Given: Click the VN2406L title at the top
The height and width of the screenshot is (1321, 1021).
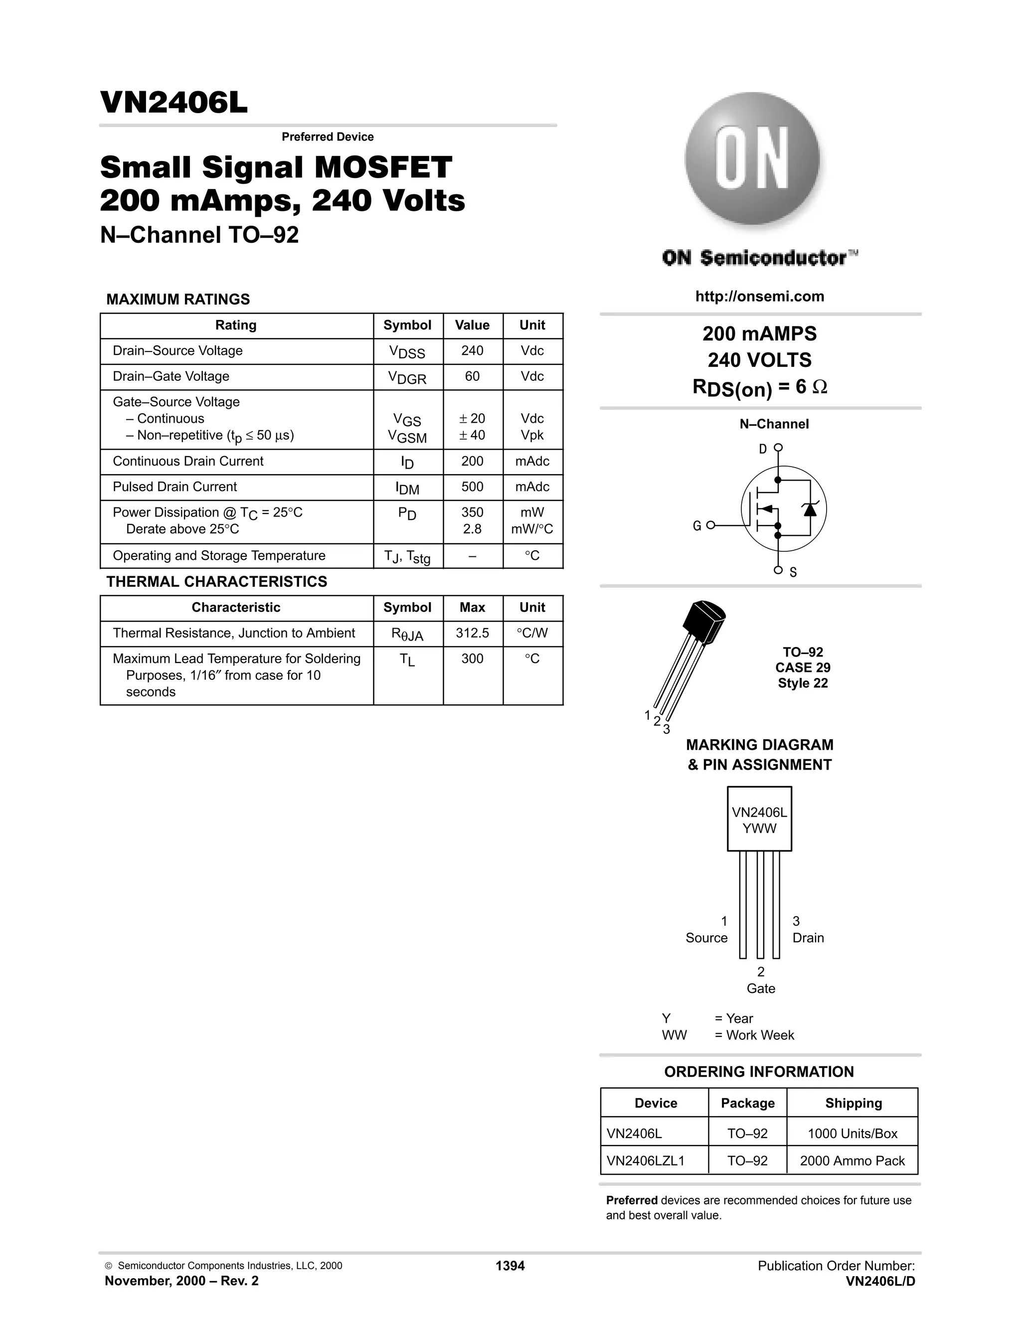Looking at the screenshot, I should (173, 103).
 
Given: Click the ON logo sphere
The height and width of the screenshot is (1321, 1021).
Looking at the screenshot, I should (752, 159).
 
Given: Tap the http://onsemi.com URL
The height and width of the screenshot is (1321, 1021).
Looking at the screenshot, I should (759, 297).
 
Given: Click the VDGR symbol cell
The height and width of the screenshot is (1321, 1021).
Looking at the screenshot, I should (407, 378).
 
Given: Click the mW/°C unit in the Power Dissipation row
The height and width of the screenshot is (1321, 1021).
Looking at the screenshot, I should (531, 529).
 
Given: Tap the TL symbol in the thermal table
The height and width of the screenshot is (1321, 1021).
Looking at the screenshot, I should (407, 660).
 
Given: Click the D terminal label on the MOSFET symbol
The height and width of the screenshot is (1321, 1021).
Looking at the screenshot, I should (763, 449).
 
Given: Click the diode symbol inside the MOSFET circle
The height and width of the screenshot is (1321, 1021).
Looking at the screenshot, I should (810, 509).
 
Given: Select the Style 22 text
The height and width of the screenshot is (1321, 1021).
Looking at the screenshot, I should (803, 683).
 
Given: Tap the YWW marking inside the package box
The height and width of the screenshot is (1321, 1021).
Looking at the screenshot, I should (759, 828).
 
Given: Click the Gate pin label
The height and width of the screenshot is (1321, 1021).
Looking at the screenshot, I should (760, 989).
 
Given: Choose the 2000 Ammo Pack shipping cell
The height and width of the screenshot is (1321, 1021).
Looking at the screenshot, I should (851, 1160).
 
